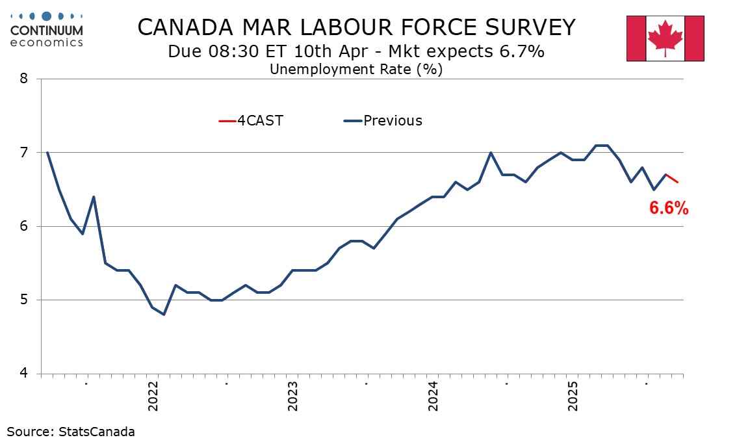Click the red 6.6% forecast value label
click(x=669, y=208)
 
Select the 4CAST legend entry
click(x=251, y=120)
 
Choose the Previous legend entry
click(x=383, y=120)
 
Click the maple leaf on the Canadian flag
click(x=665, y=36)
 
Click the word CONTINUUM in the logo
click(x=47, y=31)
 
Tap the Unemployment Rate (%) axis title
click(x=356, y=69)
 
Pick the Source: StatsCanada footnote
click(x=71, y=431)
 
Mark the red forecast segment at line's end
click(x=672, y=179)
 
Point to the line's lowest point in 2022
click(x=164, y=315)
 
